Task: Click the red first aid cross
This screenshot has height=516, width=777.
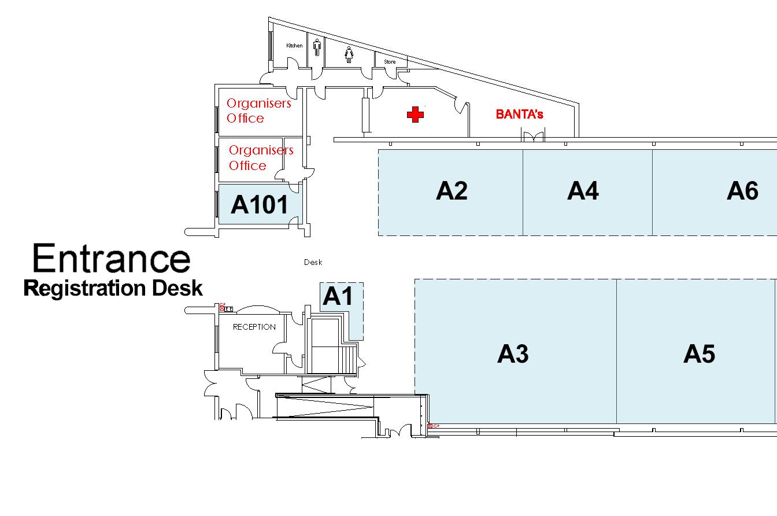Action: point(415,115)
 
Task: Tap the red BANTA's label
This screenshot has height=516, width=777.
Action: point(519,115)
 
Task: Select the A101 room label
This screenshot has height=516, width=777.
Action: point(259,204)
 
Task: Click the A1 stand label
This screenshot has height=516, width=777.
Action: point(337,296)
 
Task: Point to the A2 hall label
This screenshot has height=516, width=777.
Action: point(452,190)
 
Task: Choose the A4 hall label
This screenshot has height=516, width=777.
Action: point(583,190)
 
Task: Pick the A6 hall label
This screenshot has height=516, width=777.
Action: point(742,190)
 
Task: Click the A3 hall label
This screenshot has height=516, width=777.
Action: point(513,353)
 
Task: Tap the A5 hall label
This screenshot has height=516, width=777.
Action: point(699,353)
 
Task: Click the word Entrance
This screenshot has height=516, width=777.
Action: point(111,259)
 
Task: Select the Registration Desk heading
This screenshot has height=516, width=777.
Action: point(113,288)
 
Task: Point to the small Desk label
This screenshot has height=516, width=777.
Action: point(313,263)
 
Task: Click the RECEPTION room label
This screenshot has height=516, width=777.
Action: point(254,327)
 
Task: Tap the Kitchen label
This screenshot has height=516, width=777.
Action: point(294,46)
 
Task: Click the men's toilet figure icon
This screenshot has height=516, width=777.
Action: point(317,48)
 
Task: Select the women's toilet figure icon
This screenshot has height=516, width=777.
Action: point(349,54)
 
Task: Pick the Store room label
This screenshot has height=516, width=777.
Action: point(390,62)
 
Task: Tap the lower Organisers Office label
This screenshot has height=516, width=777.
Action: point(260,158)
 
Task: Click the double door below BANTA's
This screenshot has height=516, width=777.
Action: point(534,137)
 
